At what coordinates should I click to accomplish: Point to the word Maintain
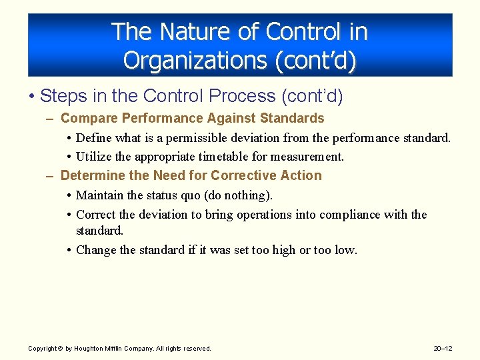[100, 195]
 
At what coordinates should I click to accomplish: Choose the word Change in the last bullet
[97, 250]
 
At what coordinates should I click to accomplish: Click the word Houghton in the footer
[89, 349]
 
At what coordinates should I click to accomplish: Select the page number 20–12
[442, 349]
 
